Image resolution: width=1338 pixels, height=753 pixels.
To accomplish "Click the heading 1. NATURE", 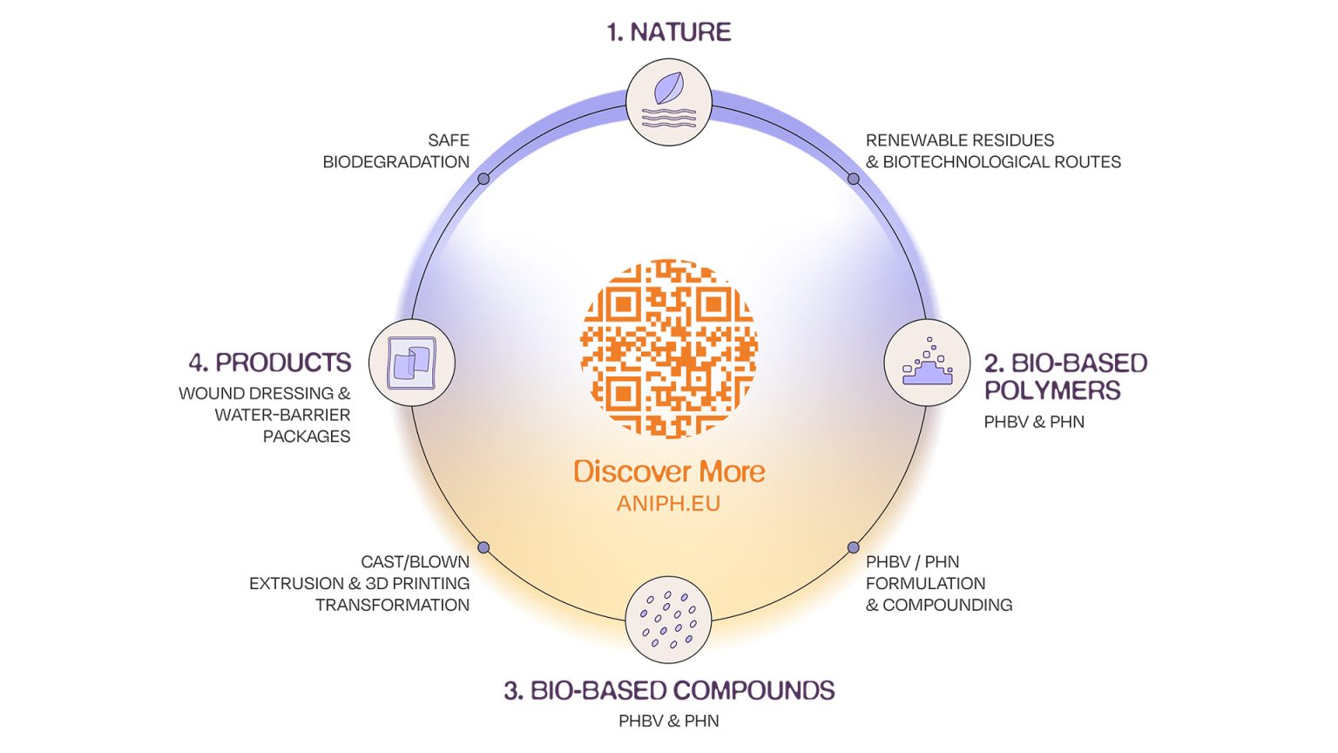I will tap(668, 32).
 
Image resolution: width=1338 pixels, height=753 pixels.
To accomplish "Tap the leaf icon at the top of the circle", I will tap(668, 102).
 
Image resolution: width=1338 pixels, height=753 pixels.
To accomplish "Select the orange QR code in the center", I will tap(668, 347).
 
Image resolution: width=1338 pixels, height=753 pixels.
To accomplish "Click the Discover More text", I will tap(668, 471).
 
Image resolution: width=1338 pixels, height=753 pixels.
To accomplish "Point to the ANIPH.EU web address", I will tap(668, 504).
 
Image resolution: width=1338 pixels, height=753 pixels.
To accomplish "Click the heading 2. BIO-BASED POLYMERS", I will tap(1064, 376).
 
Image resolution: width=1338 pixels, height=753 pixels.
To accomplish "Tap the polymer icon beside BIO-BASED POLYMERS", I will tap(927, 363).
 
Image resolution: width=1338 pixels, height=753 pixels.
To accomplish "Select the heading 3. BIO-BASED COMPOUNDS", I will tap(668, 690).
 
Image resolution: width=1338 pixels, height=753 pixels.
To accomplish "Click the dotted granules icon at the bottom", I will tap(668, 620).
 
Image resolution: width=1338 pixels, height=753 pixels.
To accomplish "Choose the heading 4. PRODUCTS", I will tap(269, 363).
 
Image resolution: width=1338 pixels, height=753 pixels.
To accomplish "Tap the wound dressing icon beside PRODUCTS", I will tap(412, 363).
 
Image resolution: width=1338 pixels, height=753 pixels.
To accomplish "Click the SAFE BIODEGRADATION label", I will tap(396, 151).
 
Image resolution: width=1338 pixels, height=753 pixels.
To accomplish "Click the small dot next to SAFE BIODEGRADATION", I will tap(483, 179).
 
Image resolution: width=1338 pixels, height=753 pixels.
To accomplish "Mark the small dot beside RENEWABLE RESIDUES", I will tap(854, 179).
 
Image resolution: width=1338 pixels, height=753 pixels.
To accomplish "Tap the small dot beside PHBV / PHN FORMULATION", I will tap(854, 547).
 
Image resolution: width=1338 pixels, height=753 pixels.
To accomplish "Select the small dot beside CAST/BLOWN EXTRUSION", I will tap(483, 547).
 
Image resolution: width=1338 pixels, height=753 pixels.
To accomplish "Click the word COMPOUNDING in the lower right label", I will tap(947, 605).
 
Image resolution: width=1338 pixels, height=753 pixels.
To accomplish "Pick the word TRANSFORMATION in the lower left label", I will tap(392, 605).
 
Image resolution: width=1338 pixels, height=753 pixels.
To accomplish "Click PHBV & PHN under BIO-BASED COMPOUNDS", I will tap(668, 721).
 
